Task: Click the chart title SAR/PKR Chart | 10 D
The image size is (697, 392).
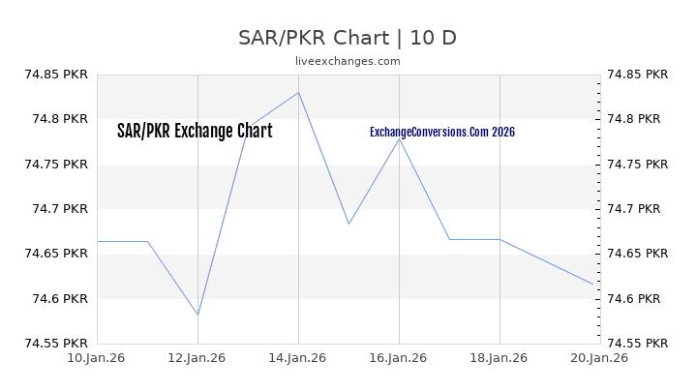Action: tap(348, 38)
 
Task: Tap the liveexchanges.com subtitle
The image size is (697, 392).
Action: tap(348, 61)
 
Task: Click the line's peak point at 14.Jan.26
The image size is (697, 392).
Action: tap(298, 92)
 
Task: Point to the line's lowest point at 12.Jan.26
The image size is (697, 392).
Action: tap(197, 315)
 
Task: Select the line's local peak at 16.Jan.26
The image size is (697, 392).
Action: tap(399, 138)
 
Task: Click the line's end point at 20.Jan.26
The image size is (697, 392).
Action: tap(593, 285)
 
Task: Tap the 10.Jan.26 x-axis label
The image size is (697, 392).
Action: tap(97, 358)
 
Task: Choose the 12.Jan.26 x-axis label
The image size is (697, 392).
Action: tap(197, 358)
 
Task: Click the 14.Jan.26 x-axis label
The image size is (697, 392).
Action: tap(298, 358)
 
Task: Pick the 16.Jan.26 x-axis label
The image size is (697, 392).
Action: tap(399, 358)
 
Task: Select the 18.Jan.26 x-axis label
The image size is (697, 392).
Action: tap(500, 358)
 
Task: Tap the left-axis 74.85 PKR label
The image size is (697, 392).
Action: tap(55, 75)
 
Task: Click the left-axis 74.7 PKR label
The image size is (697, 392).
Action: tap(60, 209)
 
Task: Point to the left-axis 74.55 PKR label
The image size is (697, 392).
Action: tap(55, 343)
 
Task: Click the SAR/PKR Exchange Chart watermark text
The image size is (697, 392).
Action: tap(195, 132)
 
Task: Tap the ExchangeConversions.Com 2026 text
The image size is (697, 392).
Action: tap(442, 132)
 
